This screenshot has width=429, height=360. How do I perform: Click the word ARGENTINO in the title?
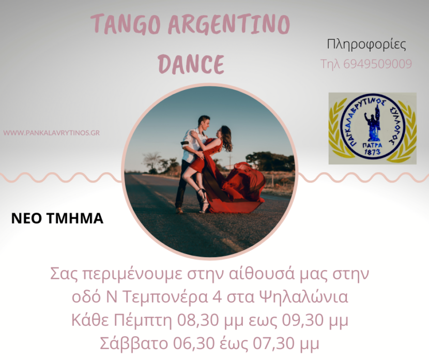coord(229,24)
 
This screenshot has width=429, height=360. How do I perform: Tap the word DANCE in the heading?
coord(191,64)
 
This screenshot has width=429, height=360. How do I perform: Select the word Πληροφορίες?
coord(366,44)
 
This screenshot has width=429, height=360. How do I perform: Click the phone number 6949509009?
coord(377,64)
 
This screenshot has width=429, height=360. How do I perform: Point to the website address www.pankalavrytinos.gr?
coord(52,133)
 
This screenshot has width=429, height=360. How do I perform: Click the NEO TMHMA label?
coord(57,218)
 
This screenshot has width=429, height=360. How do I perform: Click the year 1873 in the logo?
coord(373,152)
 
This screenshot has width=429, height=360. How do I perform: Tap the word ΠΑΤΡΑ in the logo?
coord(372,145)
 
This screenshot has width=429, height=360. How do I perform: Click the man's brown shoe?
coord(179,210)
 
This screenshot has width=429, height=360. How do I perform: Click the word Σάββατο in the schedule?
coord(134,343)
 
